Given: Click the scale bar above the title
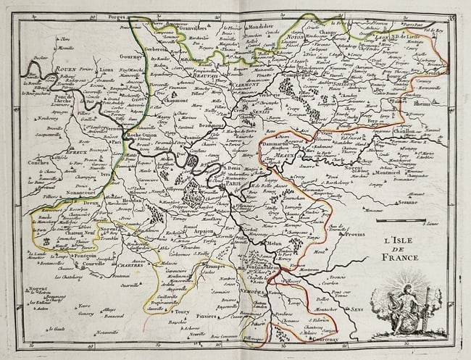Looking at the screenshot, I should tap(406, 220).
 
